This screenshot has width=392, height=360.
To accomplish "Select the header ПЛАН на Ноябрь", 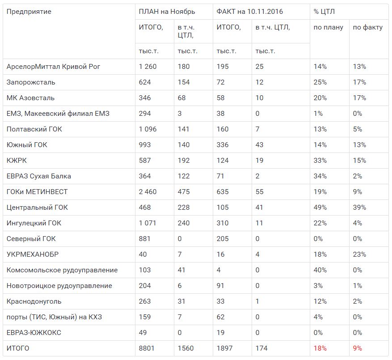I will (167, 12).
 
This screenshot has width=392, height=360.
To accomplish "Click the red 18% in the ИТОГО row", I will (320, 348).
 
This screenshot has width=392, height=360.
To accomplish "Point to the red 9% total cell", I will (358, 348).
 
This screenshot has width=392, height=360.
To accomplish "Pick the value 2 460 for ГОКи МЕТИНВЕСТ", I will (148, 192).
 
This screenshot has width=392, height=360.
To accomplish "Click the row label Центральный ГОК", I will (37, 208).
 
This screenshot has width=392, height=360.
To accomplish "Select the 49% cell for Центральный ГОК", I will (320, 208).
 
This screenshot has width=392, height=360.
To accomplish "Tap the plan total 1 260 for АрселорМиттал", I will (148, 67).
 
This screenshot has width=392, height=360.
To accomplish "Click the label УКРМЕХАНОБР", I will (33, 254).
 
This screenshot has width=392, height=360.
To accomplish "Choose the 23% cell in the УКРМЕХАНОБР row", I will (359, 254).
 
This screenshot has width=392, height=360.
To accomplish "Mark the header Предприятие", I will (29, 12).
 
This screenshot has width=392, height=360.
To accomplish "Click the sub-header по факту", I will (367, 27).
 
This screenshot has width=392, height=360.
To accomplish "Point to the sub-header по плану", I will (329, 27).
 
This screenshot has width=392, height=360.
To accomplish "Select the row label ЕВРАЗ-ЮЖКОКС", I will (34, 333).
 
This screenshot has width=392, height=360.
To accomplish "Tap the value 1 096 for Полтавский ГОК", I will (148, 129).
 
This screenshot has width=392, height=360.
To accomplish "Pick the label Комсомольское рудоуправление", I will (62, 270).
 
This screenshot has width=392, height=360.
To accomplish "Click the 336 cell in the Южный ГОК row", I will (223, 145).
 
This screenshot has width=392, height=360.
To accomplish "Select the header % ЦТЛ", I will (324, 12).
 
